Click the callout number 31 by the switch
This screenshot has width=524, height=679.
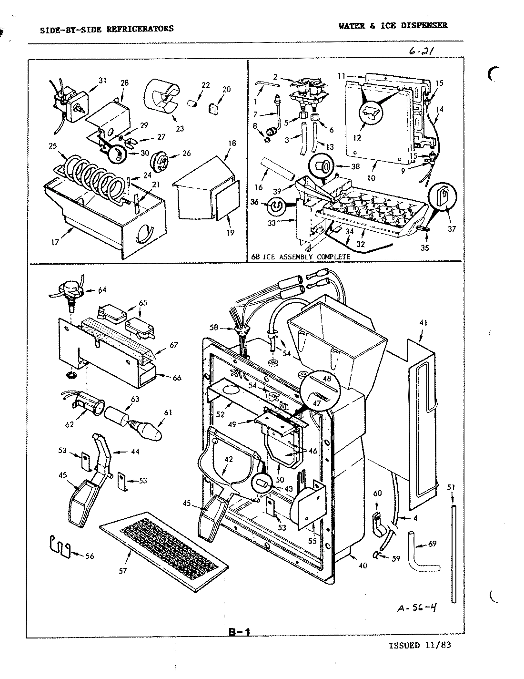(102, 80)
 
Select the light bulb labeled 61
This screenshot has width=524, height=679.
(148, 431)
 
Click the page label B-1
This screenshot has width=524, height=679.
(239, 632)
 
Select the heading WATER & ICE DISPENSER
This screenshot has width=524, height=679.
(393, 26)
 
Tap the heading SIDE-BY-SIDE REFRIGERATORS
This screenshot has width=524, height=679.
(107, 29)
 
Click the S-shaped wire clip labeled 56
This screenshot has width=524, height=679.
(60, 547)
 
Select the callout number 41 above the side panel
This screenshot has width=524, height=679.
(423, 323)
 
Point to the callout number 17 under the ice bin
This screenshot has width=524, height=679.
(55, 242)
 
